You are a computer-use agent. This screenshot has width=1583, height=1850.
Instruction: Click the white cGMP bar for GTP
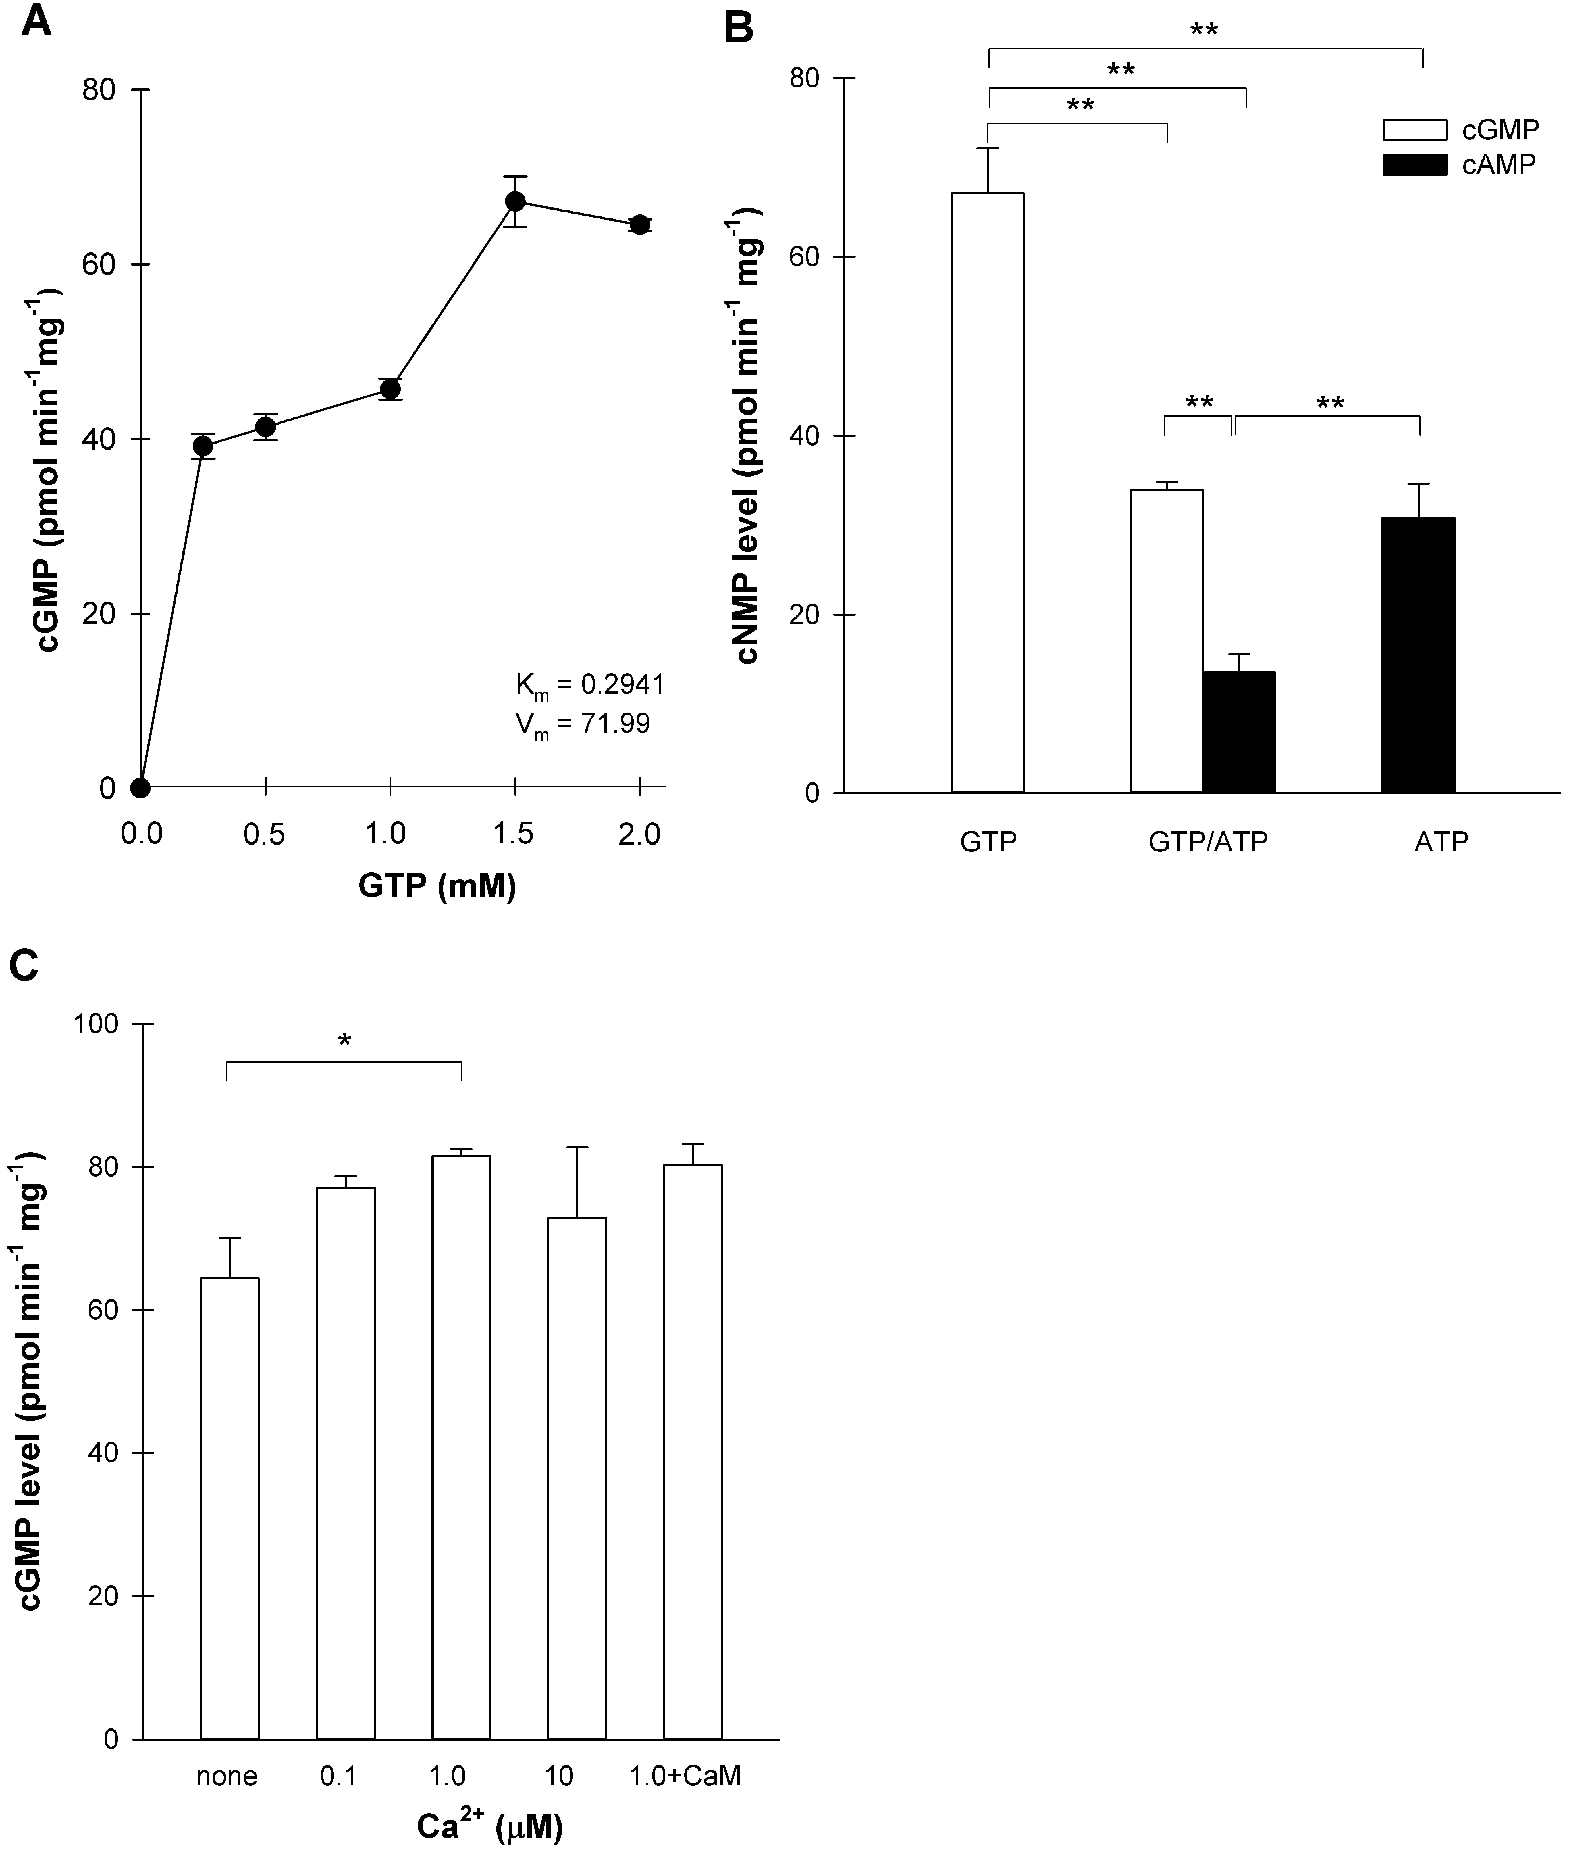987,493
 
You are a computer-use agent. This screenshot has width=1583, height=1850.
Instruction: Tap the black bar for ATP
1419,655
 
